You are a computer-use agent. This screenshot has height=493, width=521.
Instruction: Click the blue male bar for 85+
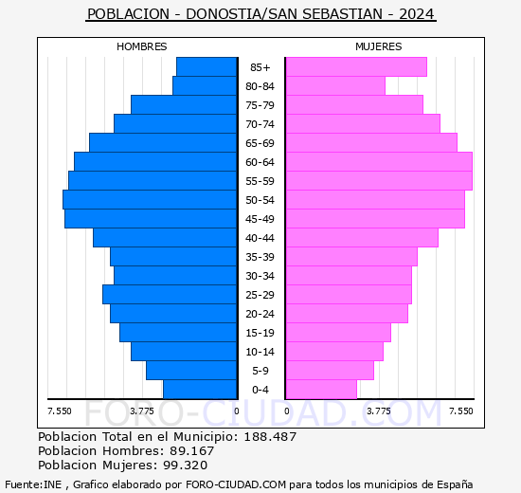[x=207, y=67]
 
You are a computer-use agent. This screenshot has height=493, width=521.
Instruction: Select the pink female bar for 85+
[x=355, y=67]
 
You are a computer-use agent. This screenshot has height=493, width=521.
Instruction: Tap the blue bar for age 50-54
[x=150, y=200]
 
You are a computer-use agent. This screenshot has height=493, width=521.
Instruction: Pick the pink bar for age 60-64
[x=378, y=162]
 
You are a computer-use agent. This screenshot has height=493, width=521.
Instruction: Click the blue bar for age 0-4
[x=200, y=390]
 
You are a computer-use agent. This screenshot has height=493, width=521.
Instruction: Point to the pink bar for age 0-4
[x=320, y=390]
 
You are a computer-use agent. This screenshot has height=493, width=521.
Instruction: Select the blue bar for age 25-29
[x=170, y=295]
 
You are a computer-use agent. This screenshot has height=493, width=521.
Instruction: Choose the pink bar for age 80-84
[x=334, y=86]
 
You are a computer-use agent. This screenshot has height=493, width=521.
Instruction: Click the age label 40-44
[x=260, y=238]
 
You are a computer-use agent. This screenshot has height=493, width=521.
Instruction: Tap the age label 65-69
[x=260, y=143]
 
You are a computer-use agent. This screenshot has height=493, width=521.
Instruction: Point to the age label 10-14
[x=260, y=352]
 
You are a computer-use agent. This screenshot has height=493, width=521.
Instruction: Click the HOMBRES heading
[x=142, y=46]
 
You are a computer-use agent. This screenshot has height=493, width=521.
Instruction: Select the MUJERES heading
[x=378, y=46]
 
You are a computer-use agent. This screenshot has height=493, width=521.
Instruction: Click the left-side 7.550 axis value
[x=60, y=411]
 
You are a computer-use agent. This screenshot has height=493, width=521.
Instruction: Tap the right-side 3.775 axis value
[x=378, y=411]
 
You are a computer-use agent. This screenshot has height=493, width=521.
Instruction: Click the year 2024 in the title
[x=417, y=14]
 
